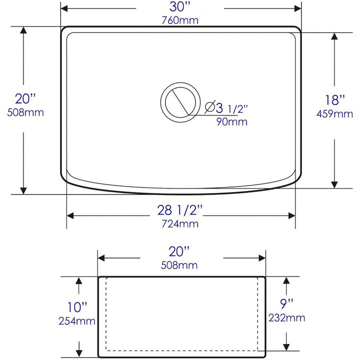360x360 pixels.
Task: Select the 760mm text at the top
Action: pyautogui.click(x=180, y=20)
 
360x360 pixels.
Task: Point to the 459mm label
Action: pyautogui.click(x=334, y=113)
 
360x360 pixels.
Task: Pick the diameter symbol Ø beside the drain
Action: pyautogui.click(x=210, y=107)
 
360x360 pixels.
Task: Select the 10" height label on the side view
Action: pyautogui.click(x=78, y=306)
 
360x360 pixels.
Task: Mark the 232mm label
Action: pyautogui.click(x=286, y=317)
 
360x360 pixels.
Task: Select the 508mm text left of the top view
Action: pyautogui.click(x=25, y=112)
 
